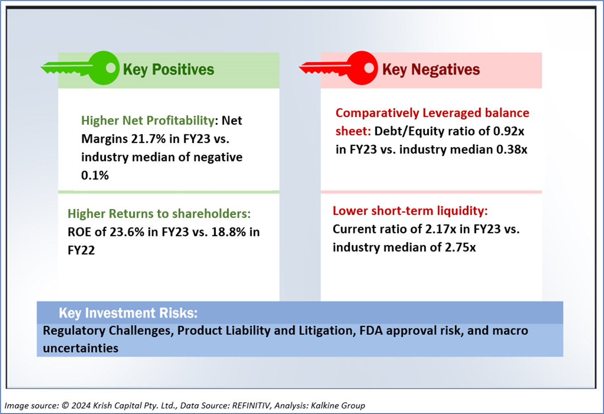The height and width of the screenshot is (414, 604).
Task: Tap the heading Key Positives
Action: (169, 70)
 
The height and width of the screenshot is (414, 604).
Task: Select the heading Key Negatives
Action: (431, 70)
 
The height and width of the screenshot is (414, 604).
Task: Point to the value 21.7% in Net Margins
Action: (148, 139)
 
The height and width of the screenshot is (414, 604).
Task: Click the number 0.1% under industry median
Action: (95, 175)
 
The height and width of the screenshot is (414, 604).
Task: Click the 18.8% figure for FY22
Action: (228, 232)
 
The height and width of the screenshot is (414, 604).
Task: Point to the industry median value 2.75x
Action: (460, 247)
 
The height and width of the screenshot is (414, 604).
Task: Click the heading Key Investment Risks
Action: (128, 313)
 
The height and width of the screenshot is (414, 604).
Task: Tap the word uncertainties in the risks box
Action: (81, 348)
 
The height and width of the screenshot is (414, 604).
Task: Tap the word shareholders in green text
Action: (211, 213)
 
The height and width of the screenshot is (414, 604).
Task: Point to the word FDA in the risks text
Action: (371, 331)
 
